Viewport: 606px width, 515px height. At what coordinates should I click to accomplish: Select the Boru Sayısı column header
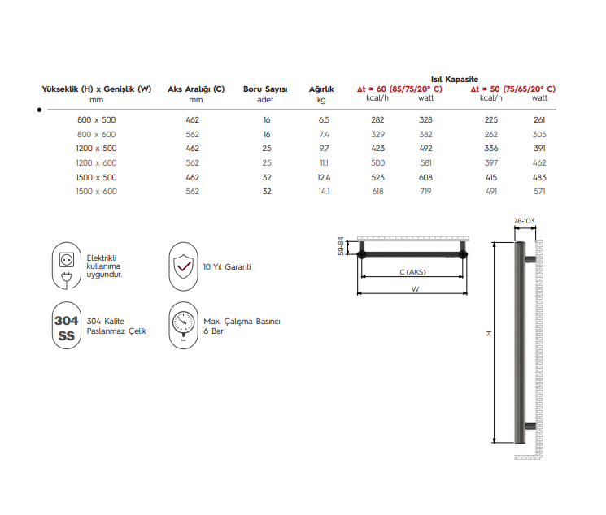[x=265, y=89]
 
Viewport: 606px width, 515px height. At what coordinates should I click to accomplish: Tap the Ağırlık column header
[x=321, y=89]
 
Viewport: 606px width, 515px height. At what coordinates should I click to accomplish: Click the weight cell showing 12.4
[x=324, y=177]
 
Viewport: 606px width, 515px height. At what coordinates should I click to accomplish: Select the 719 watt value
[x=425, y=191]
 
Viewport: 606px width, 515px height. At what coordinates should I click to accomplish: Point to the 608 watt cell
[x=425, y=177]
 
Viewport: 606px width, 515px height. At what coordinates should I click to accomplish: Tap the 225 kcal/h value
[x=491, y=119]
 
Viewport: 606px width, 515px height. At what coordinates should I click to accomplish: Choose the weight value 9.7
[x=324, y=148]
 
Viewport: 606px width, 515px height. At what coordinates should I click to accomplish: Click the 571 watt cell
[x=539, y=191]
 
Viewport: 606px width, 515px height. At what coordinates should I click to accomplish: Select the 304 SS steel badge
[x=66, y=327]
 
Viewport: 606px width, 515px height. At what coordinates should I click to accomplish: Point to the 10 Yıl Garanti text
[x=227, y=266]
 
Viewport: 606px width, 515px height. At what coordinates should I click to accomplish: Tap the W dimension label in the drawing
[x=414, y=289]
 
